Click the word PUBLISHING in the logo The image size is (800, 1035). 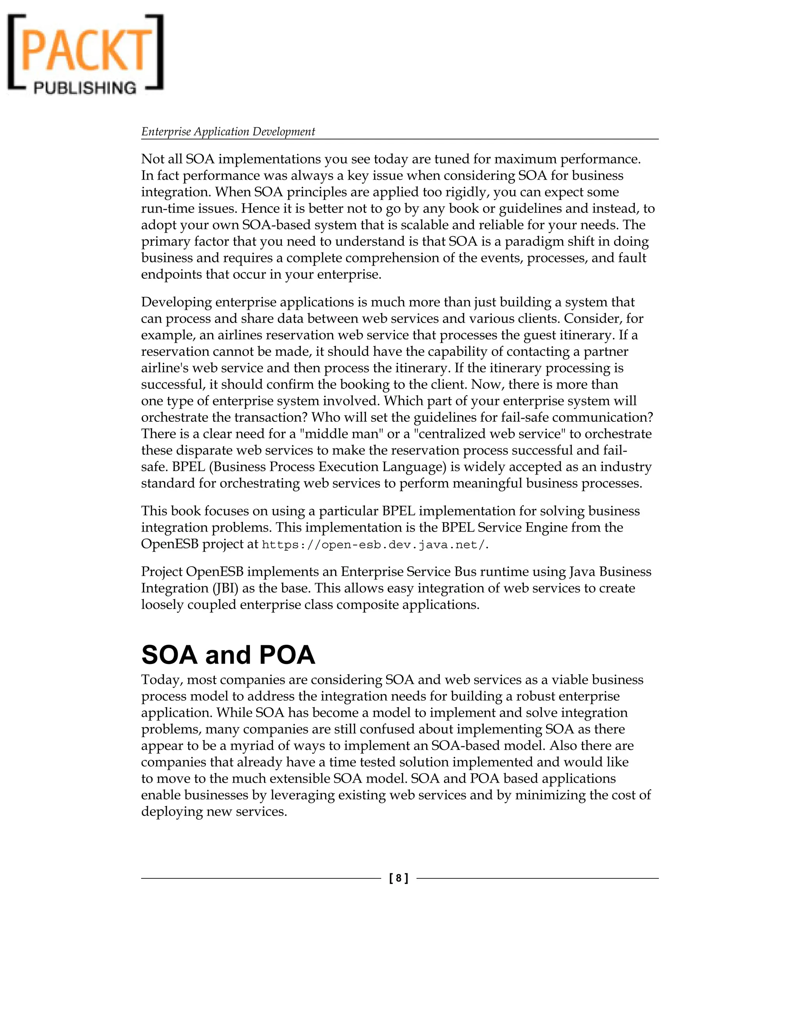[85, 87]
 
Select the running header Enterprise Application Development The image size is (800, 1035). [228, 132]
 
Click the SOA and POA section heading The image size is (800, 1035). [228, 655]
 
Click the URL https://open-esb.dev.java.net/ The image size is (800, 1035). [374, 545]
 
